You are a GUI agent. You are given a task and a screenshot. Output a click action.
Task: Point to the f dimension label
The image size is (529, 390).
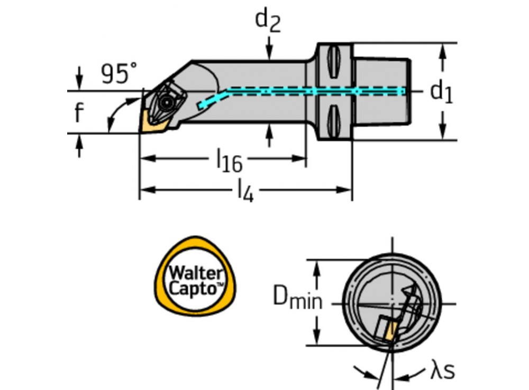pos(78,112)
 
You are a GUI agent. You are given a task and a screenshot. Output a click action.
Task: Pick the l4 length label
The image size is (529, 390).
pos(245,192)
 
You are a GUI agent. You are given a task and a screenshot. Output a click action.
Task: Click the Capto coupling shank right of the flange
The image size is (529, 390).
pos(381,91)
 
